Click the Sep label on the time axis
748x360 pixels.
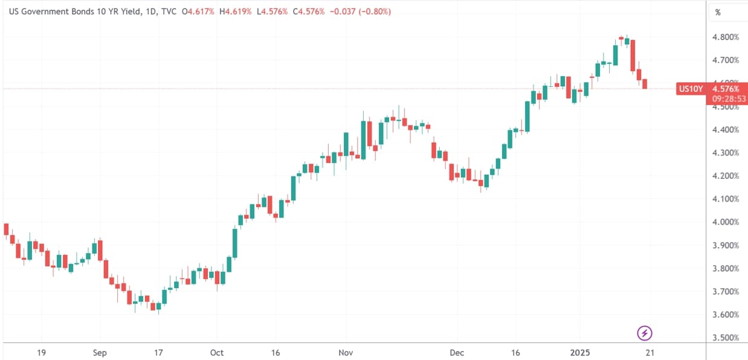point(100,352)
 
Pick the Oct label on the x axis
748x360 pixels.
point(216,352)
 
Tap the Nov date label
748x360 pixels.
point(346,352)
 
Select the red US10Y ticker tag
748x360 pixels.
point(691,89)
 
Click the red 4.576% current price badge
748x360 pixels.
point(726,89)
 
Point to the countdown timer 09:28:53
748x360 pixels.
point(726,98)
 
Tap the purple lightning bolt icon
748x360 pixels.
point(645,332)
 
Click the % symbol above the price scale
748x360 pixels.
point(718,12)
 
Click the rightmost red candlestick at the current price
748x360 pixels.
point(645,84)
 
